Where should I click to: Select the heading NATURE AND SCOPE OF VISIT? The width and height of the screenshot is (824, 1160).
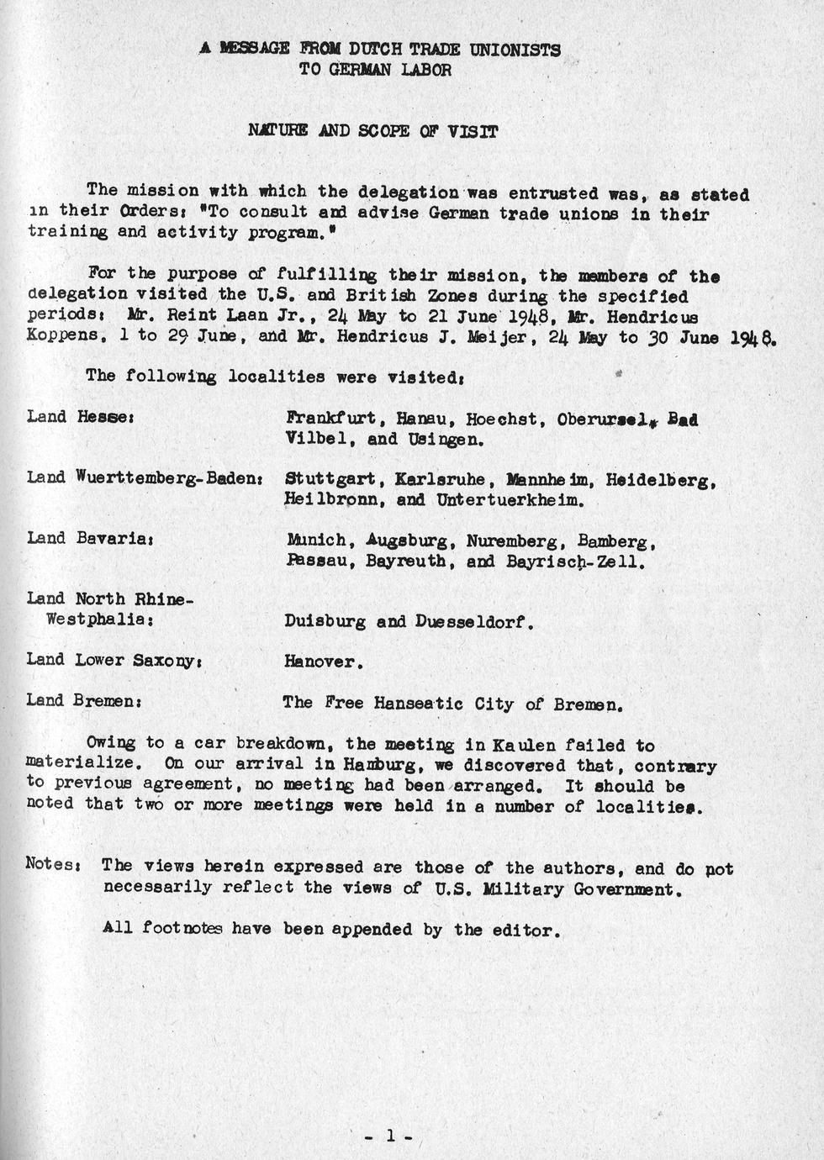click(372, 131)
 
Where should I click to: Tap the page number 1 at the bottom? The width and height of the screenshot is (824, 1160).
click(389, 1136)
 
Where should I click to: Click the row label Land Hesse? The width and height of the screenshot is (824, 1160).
click(81, 417)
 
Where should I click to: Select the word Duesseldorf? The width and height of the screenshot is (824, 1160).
click(475, 623)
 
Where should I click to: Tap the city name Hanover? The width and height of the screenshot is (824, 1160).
click(324, 662)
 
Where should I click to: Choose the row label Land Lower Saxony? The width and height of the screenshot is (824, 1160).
click(113, 661)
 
